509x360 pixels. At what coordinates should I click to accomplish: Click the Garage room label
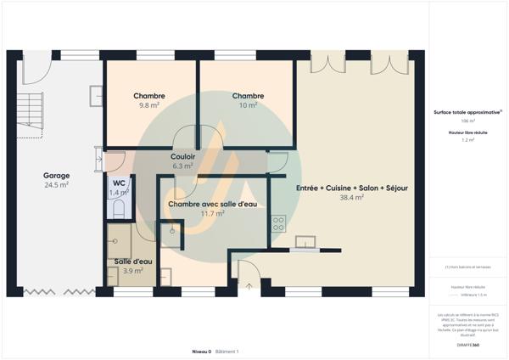pyautogui.click(x=56, y=176)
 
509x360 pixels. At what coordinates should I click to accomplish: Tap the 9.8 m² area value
pyautogui.click(x=149, y=106)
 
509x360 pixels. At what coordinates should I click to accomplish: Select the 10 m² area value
pyautogui.click(x=249, y=106)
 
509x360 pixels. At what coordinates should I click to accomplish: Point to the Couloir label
pyautogui.click(x=183, y=157)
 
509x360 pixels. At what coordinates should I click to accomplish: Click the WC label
pyautogui.click(x=119, y=183)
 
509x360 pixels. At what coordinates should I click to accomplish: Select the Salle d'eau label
pyautogui.click(x=131, y=262)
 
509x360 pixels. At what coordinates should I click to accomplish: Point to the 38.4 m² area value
pyautogui.click(x=351, y=197)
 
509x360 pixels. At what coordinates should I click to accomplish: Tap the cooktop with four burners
pyautogui.click(x=277, y=223)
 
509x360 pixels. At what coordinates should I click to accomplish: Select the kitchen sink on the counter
pyautogui.click(x=304, y=243)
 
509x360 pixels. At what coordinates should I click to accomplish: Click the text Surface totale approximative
pyautogui.click(x=466, y=112)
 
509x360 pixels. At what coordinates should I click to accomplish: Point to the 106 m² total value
pyautogui.click(x=467, y=121)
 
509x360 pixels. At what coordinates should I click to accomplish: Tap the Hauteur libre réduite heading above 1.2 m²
pyautogui.click(x=467, y=132)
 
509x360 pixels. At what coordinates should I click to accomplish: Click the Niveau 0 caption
pyautogui.click(x=202, y=351)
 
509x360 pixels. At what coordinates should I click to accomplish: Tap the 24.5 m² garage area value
pyautogui.click(x=56, y=185)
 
